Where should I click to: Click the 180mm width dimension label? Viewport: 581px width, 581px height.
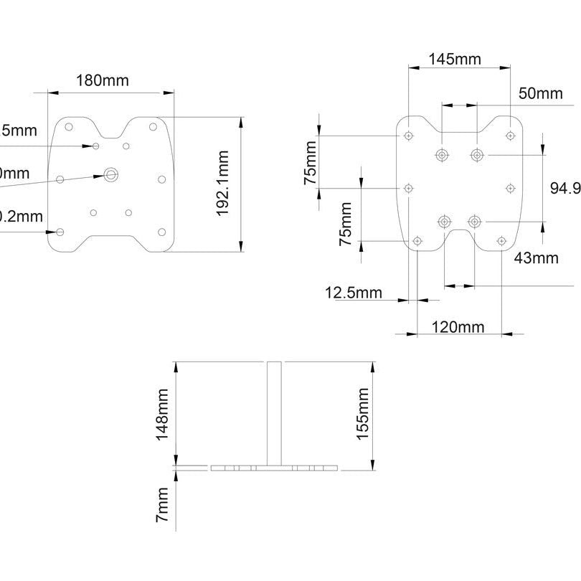[x=103, y=80]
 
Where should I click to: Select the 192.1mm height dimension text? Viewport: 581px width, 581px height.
[x=222, y=184]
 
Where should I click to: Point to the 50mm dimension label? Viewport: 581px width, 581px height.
[x=540, y=93]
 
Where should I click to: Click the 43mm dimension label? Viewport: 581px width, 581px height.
[x=536, y=258]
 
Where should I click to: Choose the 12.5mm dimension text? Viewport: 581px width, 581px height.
[x=354, y=293]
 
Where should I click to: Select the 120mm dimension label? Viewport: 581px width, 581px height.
[x=458, y=328]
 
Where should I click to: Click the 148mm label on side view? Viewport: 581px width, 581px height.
[x=164, y=414]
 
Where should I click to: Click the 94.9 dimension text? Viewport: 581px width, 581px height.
[x=565, y=188]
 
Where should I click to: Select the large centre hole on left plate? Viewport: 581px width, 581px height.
[x=111, y=174]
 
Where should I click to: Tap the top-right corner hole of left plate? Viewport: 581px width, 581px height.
[x=153, y=127]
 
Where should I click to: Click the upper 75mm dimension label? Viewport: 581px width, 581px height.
[x=310, y=163]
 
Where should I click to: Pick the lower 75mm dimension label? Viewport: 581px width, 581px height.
[x=346, y=224]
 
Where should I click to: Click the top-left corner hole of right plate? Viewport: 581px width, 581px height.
[x=409, y=135]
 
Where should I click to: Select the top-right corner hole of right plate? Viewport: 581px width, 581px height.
[x=510, y=135]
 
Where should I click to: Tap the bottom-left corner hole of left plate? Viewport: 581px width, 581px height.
[x=60, y=231]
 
